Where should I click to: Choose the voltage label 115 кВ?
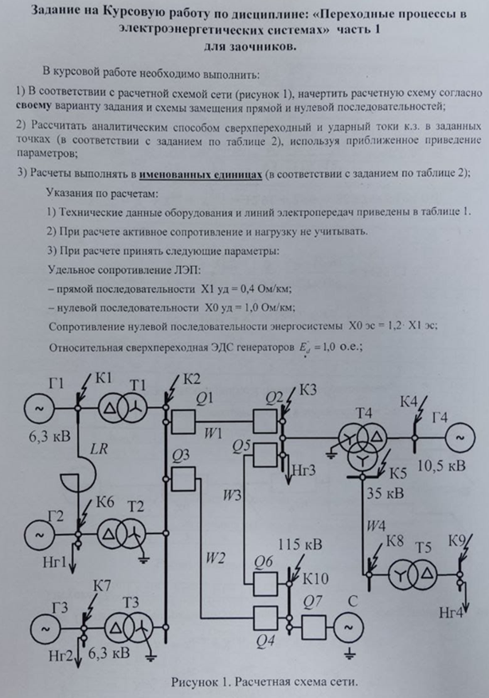coord(299,546)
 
